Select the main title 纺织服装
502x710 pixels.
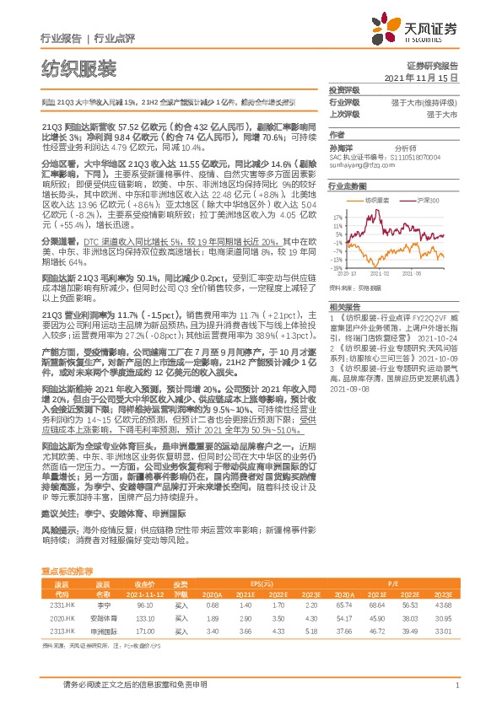tap(78, 67)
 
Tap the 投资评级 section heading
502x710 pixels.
tap(343, 89)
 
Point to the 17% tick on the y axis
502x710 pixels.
tap(335, 216)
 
